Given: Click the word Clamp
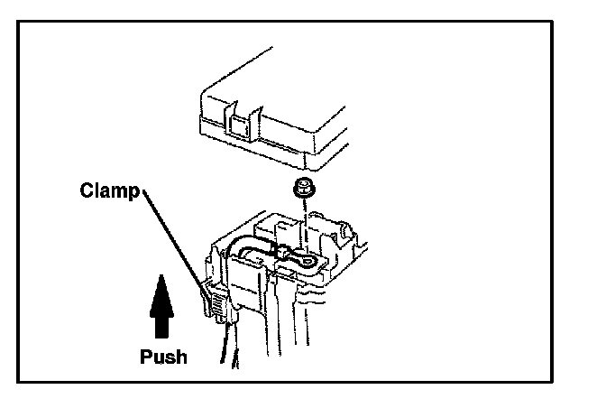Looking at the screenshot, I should pyautogui.click(x=108, y=190).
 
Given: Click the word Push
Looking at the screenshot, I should pyautogui.click(x=163, y=356).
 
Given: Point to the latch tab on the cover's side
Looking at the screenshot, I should pyautogui.click(x=237, y=123).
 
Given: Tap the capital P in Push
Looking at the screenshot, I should pyautogui.click(x=145, y=356).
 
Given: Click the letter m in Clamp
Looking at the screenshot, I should pyautogui.click(x=115, y=191).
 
